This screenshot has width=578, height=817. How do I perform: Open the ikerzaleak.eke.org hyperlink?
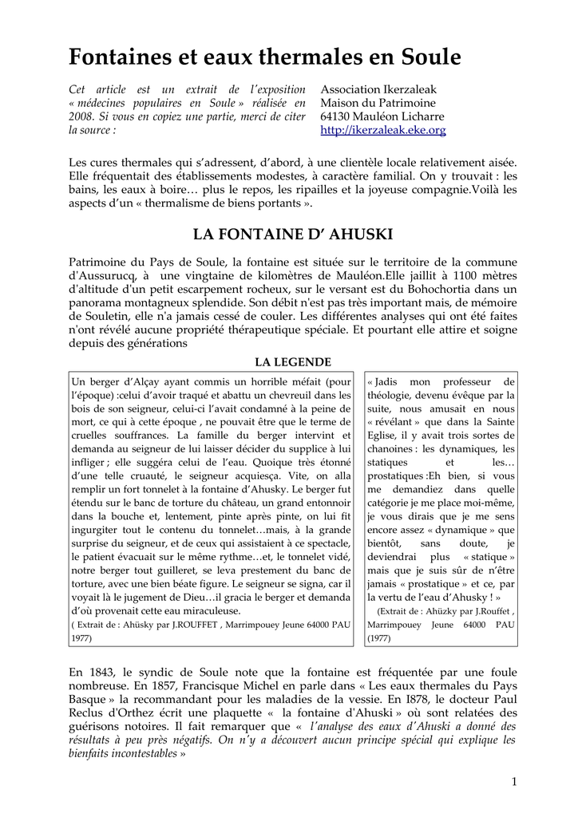click(x=383, y=130)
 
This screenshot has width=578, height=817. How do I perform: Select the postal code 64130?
click(x=338, y=116)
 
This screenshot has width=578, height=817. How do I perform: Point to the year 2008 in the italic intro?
click(x=83, y=116)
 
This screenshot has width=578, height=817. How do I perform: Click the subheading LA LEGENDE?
click(x=293, y=362)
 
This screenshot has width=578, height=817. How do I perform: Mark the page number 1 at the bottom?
click(x=515, y=781)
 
